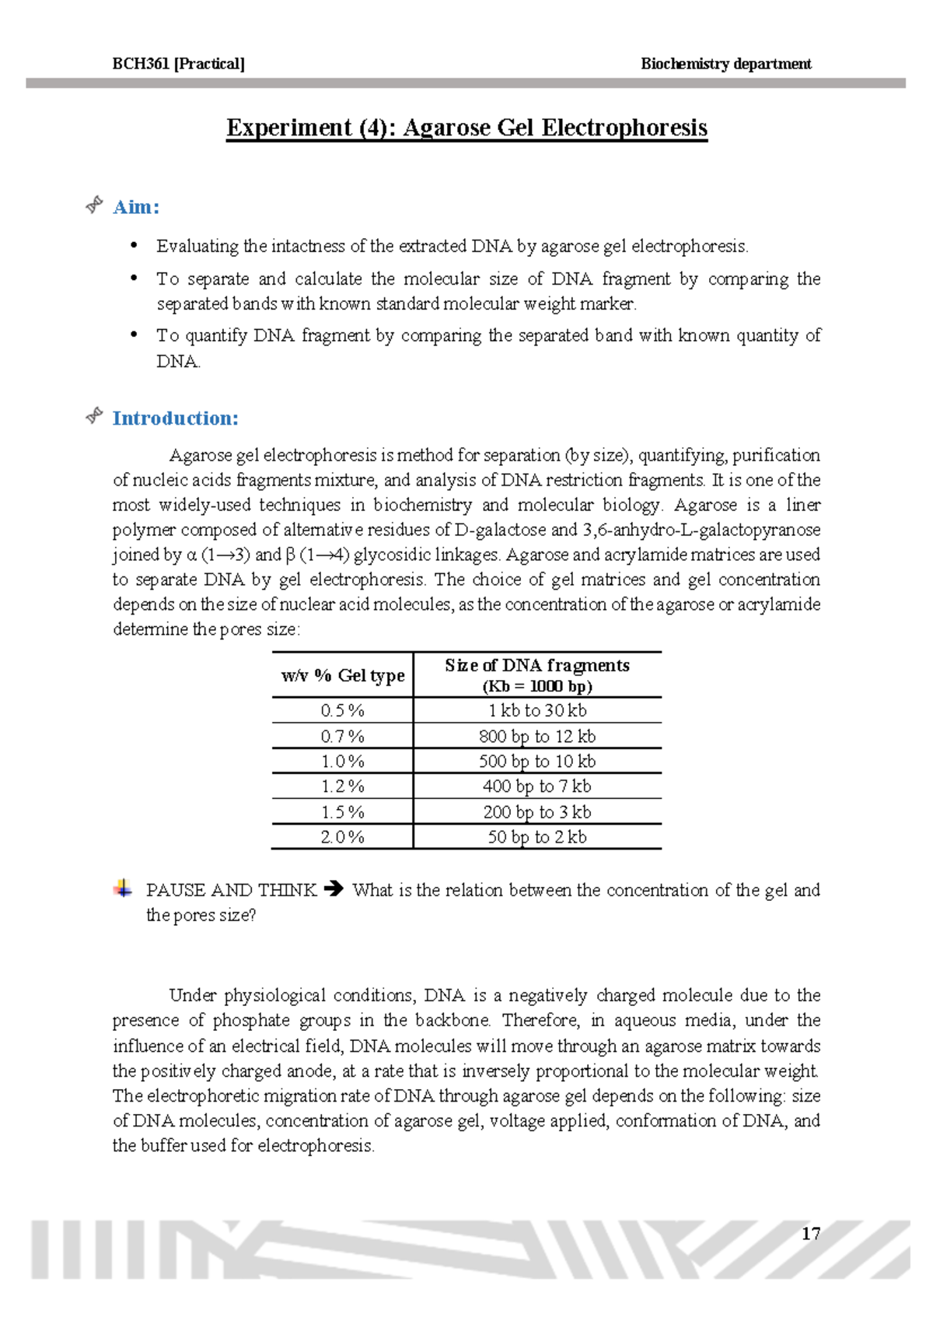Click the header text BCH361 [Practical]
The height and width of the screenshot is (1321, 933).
178,64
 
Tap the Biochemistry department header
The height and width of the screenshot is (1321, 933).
725,64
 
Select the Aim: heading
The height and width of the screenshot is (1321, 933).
136,207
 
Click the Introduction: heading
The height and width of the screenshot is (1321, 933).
175,419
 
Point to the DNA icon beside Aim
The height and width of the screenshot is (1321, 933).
94,205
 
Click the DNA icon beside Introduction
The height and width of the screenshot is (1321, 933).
94,416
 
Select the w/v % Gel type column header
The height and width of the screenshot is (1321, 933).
343,675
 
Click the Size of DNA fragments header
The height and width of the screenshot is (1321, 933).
537,675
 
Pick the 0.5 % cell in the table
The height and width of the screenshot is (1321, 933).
343,710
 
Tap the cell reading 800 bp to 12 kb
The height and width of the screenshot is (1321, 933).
537,736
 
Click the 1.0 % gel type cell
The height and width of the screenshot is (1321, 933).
343,761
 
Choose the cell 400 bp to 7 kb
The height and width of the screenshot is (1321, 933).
537,787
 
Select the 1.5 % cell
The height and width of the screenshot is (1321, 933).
343,812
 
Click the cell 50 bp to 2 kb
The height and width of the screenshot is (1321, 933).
537,837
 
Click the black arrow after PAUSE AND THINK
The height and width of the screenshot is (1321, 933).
334,888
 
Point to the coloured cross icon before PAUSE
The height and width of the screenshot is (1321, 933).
123,888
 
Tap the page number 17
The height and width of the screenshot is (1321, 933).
811,1234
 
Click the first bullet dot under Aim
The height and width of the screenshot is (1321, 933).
135,246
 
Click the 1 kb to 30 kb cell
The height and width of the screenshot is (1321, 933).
537,710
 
